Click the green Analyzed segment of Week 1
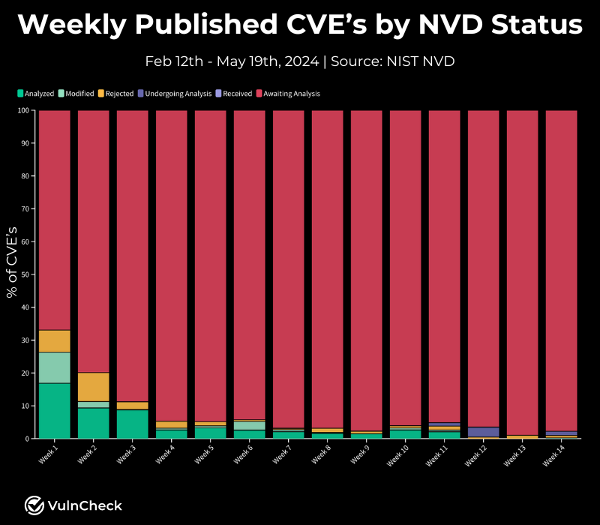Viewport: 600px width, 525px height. coord(54,410)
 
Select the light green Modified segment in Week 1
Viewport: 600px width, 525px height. coord(54,367)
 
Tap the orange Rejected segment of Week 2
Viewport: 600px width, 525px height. coord(93,387)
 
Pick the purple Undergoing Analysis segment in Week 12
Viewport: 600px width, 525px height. coord(483,432)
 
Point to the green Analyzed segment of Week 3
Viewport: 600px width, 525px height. coord(132,424)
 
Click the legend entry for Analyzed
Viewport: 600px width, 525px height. coord(35,94)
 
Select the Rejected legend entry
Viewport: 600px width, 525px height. coord(115,94)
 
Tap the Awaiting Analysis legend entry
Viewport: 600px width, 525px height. coord(289,94)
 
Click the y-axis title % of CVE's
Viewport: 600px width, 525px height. coord(12,259)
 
